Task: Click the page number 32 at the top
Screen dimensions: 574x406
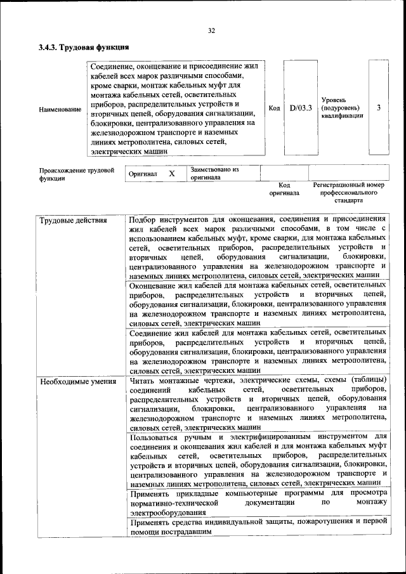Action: click(211, 30)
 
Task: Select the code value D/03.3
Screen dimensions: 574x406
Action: click(301, 108)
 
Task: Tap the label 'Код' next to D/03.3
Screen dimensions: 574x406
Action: click(274, 108)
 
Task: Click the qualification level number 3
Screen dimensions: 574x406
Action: click(379, 108)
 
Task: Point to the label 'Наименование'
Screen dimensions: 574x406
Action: click(60, 110)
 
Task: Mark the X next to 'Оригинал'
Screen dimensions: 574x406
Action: click(171, 173)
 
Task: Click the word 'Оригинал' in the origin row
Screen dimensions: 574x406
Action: click(143, 174)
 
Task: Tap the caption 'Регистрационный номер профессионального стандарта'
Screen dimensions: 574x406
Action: click(349, 193)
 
